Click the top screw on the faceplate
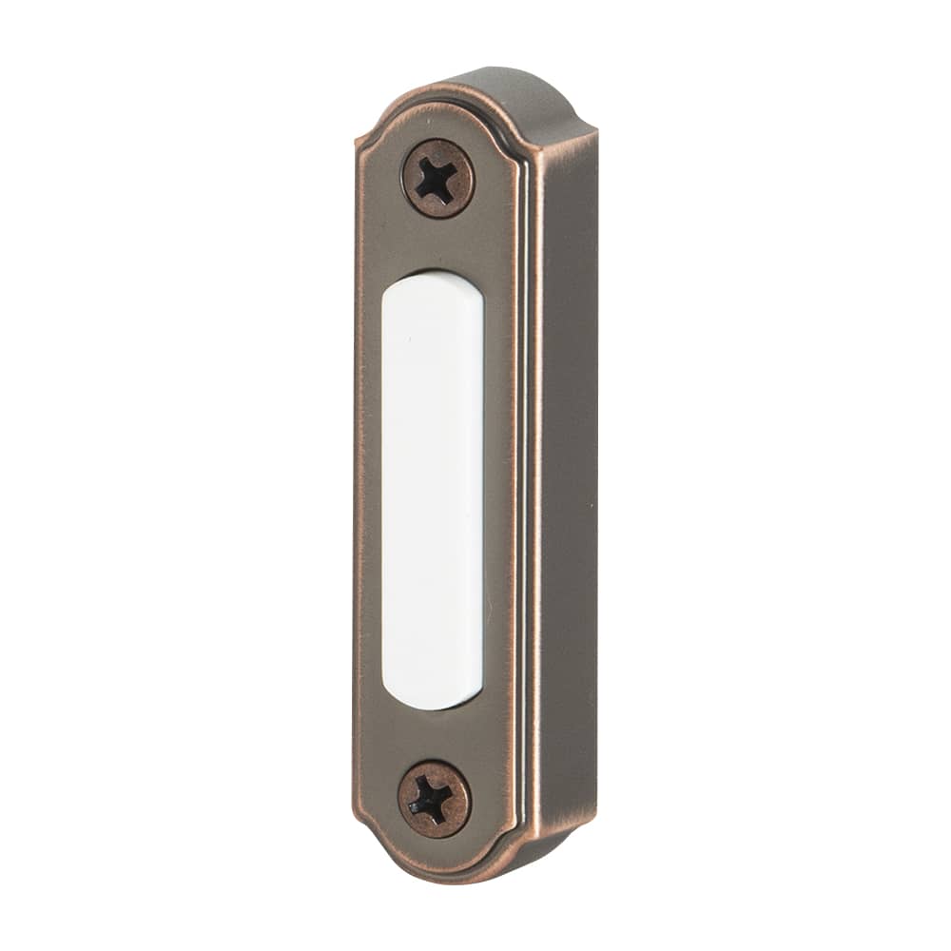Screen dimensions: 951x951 [437, 178]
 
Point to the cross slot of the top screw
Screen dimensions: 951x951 [436, 179]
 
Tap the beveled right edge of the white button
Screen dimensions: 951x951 [477, 495]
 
